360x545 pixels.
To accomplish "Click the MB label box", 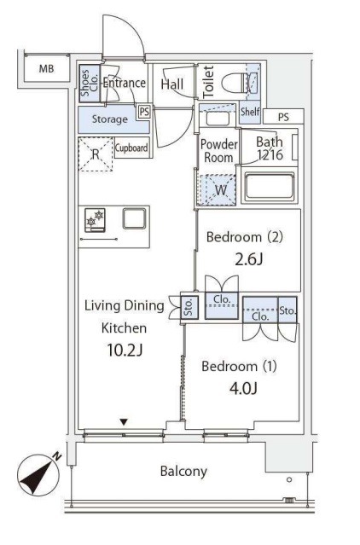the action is click(47, 68).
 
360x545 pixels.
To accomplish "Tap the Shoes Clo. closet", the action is click(90, 84).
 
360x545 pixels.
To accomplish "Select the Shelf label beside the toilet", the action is click(250, 112).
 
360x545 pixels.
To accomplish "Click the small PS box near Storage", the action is click(144, 112).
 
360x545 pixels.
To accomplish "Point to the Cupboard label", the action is click(131, 148).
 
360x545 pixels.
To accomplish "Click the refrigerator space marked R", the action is click(96, 154).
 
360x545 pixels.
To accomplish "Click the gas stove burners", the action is click(96, 220).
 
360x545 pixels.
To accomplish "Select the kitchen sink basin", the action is click(135, 218).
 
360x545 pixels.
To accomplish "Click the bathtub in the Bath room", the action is click(270, 186).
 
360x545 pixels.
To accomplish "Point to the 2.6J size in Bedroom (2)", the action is click(248, 259).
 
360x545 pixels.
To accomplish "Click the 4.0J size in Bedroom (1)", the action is click(243, 388).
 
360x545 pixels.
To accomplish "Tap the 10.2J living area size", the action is click(125, 350).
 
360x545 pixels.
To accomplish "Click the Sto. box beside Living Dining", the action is click(189, 307).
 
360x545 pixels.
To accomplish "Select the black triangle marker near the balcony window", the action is click(124, 422).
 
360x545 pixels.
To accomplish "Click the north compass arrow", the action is click(39, 475).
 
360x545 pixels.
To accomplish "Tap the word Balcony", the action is click(183, 472).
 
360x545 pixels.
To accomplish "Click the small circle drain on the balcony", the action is click(289, 479).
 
